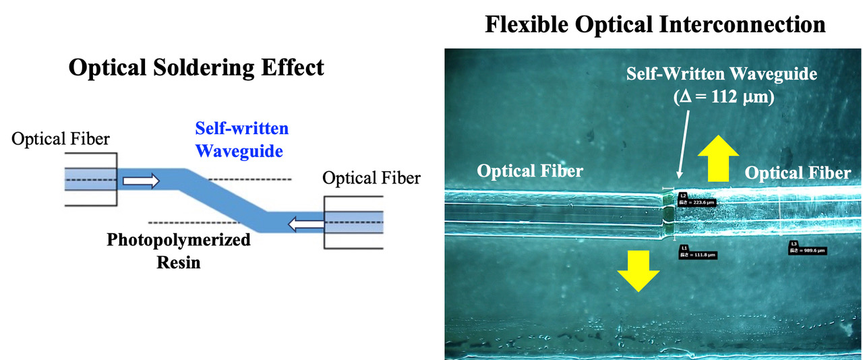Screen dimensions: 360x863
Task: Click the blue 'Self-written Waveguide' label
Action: pyautogui.click(x=241, y=140)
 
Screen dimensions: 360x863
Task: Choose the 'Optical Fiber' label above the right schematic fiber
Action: pyautogui.click(x=371, y=179)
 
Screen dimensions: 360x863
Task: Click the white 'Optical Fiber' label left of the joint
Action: pyautogui.click(x=529, y=171)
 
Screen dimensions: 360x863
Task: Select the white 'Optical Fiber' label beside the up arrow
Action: pyautogui.click(x=798, y=173)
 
